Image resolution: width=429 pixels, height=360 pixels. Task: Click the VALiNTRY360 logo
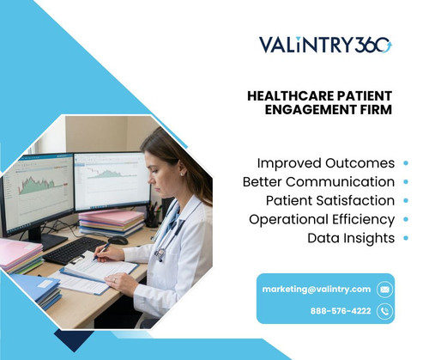(x=325, y=45)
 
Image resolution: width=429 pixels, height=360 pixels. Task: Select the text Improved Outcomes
(x=325, y=163)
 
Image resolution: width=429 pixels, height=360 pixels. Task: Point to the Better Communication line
(x=318, y=182)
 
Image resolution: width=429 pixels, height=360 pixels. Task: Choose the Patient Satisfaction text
(x=329, y=200)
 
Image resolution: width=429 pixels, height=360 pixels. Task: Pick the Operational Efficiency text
(x=322, y=219)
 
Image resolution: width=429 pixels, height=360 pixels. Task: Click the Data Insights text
(x=351, y=237)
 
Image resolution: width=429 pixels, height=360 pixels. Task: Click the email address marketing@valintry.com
(x=317, y=290)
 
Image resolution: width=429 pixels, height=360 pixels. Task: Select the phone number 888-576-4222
(x=341, y=310)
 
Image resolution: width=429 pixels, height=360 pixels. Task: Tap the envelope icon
(x=384, y=290)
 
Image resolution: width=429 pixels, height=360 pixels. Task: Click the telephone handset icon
(x=384, y=310)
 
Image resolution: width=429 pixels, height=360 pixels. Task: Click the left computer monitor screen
(x=36, y=192)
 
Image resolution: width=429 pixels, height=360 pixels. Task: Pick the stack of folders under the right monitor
(x=112, y=223)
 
